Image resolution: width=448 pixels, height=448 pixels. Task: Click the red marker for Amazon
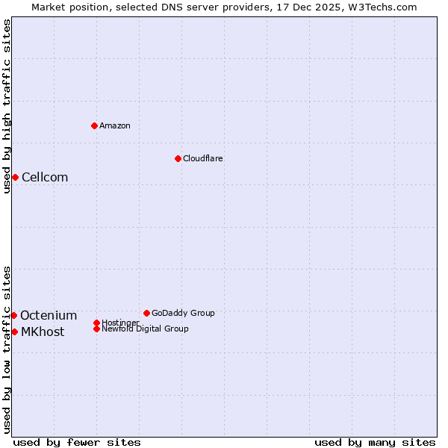click(94, 125)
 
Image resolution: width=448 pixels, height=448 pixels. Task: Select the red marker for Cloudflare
click(178, 158)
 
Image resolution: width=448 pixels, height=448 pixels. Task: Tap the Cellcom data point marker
click(15, 177)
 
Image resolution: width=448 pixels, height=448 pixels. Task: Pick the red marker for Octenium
click(13, 315)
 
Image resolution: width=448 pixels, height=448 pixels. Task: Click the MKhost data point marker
click(14, 332)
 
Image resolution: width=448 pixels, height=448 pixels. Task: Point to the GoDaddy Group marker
click(146, 313)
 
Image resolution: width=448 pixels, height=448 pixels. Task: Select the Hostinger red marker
click(96, 323)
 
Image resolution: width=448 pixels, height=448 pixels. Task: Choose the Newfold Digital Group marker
click(96, 329)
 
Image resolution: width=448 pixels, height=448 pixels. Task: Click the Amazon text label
click(115, 125)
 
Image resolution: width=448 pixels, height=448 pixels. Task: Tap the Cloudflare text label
click(203, 158)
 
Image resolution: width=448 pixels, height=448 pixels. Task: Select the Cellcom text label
click(45, 177)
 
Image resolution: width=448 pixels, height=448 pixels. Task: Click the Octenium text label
click(49, 315)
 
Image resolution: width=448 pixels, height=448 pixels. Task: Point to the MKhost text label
click(43, 332)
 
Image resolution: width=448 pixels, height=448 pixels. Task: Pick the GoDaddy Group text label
click(183, 313)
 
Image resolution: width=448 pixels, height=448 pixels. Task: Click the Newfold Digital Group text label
click(145, 329)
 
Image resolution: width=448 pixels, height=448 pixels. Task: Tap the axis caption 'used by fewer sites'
click(77, 442)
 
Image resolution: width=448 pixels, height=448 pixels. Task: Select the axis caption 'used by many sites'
click(375, 442)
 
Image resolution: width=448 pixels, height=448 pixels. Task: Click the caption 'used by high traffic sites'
click(7, 106)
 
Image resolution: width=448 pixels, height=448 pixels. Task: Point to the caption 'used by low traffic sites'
click(7, 349)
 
